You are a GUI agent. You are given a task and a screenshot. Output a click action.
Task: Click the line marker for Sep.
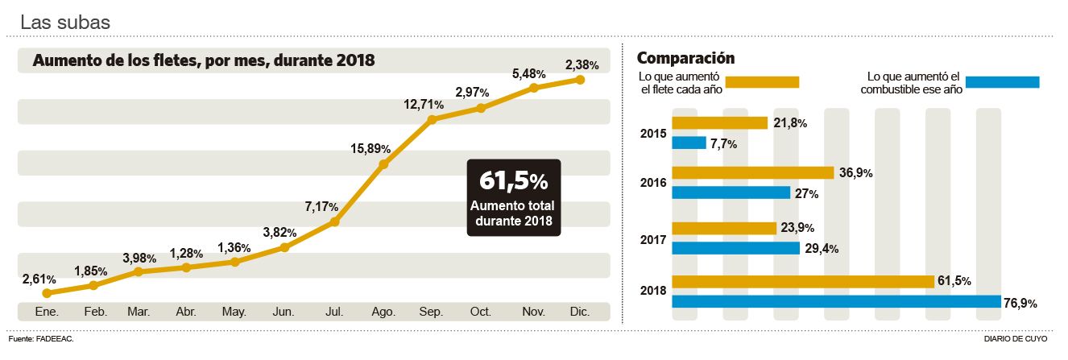click(x=433, y=119)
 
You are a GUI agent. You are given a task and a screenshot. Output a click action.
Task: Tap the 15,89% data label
click(x=370, y=148)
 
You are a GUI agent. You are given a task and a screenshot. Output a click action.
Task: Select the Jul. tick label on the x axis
click(x=333, y=311)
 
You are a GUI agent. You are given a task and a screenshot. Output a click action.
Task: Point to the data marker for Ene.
click(x=47, y=293)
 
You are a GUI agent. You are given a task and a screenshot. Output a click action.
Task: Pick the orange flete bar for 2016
click(x=752, y=172)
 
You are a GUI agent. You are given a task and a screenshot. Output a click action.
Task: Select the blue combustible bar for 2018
click(x=836, y=302)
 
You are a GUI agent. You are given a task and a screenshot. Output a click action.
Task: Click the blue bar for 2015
click(x=689, y=143)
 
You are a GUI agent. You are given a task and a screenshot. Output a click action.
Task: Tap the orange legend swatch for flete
click(x=762, y=81)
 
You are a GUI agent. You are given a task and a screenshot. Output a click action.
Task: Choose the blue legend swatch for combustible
click(x=1002, y=81)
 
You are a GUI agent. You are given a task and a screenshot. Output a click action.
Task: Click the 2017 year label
click(x=653, y=239)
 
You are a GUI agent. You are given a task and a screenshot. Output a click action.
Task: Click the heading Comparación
click(x=685, y=58)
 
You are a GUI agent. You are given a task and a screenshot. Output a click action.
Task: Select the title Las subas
click(x=64, y=23)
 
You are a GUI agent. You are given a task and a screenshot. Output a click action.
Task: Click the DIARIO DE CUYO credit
click(x=1016, y=340)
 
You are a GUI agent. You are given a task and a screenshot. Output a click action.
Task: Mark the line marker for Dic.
click(x=580, y=79)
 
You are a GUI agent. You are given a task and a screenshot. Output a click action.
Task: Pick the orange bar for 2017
click(x=724, y=228)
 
